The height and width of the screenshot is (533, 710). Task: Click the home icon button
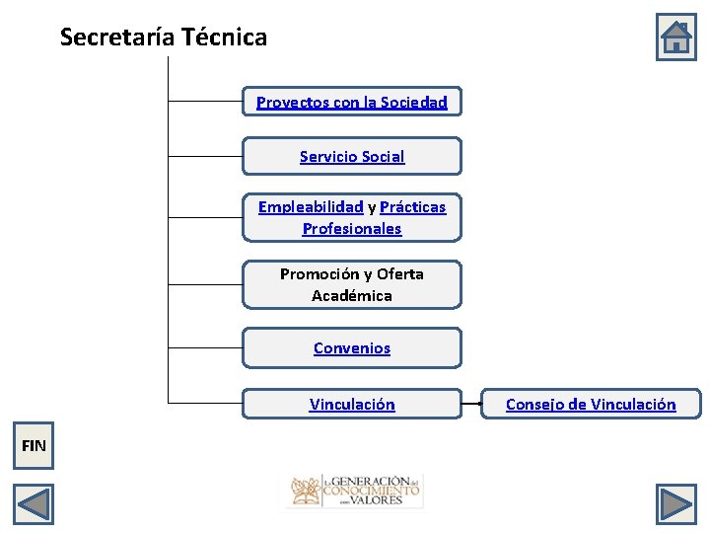[x=676, y=38]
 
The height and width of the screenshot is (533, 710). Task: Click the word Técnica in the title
[x=225, y=38]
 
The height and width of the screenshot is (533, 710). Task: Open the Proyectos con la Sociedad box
[x=352, y=102]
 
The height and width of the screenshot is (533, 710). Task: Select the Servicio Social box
[x=352, y=156]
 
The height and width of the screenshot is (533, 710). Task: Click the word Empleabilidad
[x=311, y=206]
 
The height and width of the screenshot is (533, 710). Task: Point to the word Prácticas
[x=412, y=206]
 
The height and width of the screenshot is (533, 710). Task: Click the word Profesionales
[x=352, y=228]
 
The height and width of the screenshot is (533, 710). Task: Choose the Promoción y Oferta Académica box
[x=352, y=284]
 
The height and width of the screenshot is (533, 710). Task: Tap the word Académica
[x=352, y=295]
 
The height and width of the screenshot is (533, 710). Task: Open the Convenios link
[x=352, y=347]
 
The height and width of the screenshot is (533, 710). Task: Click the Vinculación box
[x=352, y=404]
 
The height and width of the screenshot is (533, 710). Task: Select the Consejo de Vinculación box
[x=591, y=404]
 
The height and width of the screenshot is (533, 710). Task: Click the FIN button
[x=34, y=445]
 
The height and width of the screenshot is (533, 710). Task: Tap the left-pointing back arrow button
[x=34, y=504]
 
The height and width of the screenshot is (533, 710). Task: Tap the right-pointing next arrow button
[x=676, y=504]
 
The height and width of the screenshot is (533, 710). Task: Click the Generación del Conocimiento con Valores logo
[x=354, y=490]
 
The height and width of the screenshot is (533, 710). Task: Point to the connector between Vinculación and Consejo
[x=471, y=404]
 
